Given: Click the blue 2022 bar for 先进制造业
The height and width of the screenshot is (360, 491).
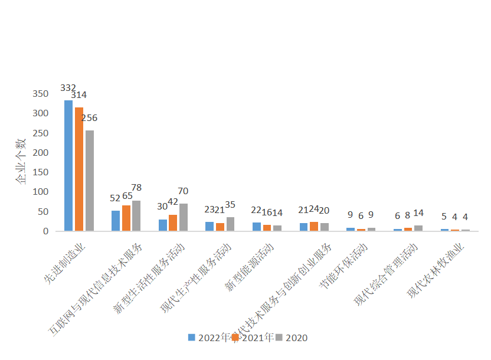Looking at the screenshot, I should [68, 165].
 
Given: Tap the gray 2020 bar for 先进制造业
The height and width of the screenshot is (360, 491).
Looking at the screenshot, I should [89, 180].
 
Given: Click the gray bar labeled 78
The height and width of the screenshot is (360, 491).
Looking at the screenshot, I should [136, 215].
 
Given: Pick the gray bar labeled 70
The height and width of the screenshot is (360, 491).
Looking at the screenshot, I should [184, 217].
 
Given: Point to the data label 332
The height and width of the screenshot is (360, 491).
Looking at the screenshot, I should [68, 88].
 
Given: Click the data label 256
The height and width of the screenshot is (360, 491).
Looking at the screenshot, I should [89, 118].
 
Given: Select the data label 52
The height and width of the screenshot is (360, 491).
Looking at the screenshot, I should [116, 198].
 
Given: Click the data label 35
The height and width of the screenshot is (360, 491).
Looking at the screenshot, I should [230, 205].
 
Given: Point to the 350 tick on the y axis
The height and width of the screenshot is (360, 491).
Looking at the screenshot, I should [41, 94].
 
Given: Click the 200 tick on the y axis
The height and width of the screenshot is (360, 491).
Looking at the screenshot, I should [41, 152].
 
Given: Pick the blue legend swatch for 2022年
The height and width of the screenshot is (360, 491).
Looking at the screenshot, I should [192, 338].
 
